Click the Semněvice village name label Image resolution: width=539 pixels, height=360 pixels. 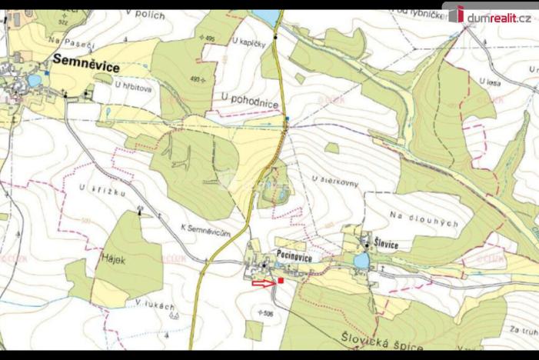click(87, 67)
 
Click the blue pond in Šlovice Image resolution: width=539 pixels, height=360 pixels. click(361, 262)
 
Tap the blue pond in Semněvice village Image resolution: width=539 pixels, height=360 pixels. click(34, 80)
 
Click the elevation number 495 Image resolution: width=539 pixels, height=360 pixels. click(208, 38)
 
